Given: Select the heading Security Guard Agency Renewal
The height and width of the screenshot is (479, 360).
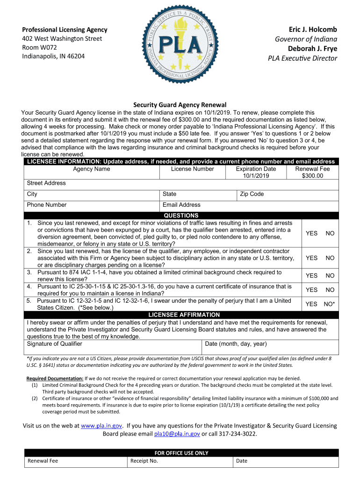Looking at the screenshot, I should click(180, 105).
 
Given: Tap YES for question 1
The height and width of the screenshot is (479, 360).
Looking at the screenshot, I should click(311, 233).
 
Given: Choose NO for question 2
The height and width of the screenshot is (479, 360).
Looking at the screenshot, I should click(330, 258).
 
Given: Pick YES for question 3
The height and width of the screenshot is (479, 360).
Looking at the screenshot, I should click(311, 276).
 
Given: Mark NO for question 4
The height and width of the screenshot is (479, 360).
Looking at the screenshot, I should click(330, 290).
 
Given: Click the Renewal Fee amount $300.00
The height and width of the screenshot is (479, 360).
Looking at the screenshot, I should click(312, 176).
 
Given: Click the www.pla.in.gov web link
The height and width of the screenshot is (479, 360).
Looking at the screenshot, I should click(101, 426).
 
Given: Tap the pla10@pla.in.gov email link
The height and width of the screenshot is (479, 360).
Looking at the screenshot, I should click(177, 434).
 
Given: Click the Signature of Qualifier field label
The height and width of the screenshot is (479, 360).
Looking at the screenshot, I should click(55, 344).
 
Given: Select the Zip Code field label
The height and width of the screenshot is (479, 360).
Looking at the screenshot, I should click(252, 194).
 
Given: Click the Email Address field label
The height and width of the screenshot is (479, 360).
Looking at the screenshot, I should click(181, 205).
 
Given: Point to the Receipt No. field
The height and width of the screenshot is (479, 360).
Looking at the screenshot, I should click(144, 461).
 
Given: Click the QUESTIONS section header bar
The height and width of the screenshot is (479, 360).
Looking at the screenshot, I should click(181, 215).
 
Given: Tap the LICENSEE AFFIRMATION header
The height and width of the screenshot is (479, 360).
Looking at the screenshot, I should click(184, 315).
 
